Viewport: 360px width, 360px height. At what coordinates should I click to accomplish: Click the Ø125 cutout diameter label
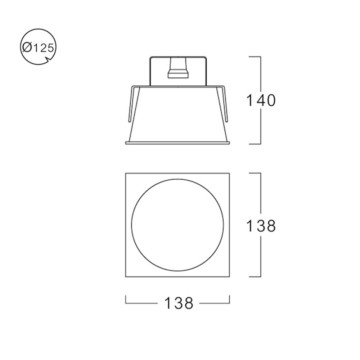coord(38,48)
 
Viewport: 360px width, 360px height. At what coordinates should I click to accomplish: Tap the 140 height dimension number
coord(261,100)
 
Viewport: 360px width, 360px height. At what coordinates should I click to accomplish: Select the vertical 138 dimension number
coord(261,226)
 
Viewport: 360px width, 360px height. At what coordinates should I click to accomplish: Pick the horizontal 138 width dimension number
coord(179,303)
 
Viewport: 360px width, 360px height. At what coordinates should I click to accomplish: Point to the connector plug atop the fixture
coord(178,68)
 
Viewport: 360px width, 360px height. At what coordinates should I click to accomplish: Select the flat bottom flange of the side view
coord(177,143)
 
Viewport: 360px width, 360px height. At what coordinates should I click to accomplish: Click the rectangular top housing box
coord(194,72)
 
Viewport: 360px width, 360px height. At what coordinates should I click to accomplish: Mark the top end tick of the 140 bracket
coord(254,57)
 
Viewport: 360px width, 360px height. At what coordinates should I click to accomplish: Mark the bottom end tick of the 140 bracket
coord(254,144)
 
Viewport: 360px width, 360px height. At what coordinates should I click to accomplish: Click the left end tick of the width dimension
coord(126,299)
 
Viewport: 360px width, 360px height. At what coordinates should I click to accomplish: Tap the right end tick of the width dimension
coord(230,299)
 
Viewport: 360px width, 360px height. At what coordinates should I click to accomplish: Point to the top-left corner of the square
coord(126,174)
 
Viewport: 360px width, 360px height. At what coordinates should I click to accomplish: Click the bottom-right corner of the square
coord(229,277)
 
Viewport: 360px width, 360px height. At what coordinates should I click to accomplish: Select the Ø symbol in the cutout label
coord(27,48)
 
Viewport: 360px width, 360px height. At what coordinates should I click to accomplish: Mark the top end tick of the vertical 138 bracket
coord(254,173)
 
